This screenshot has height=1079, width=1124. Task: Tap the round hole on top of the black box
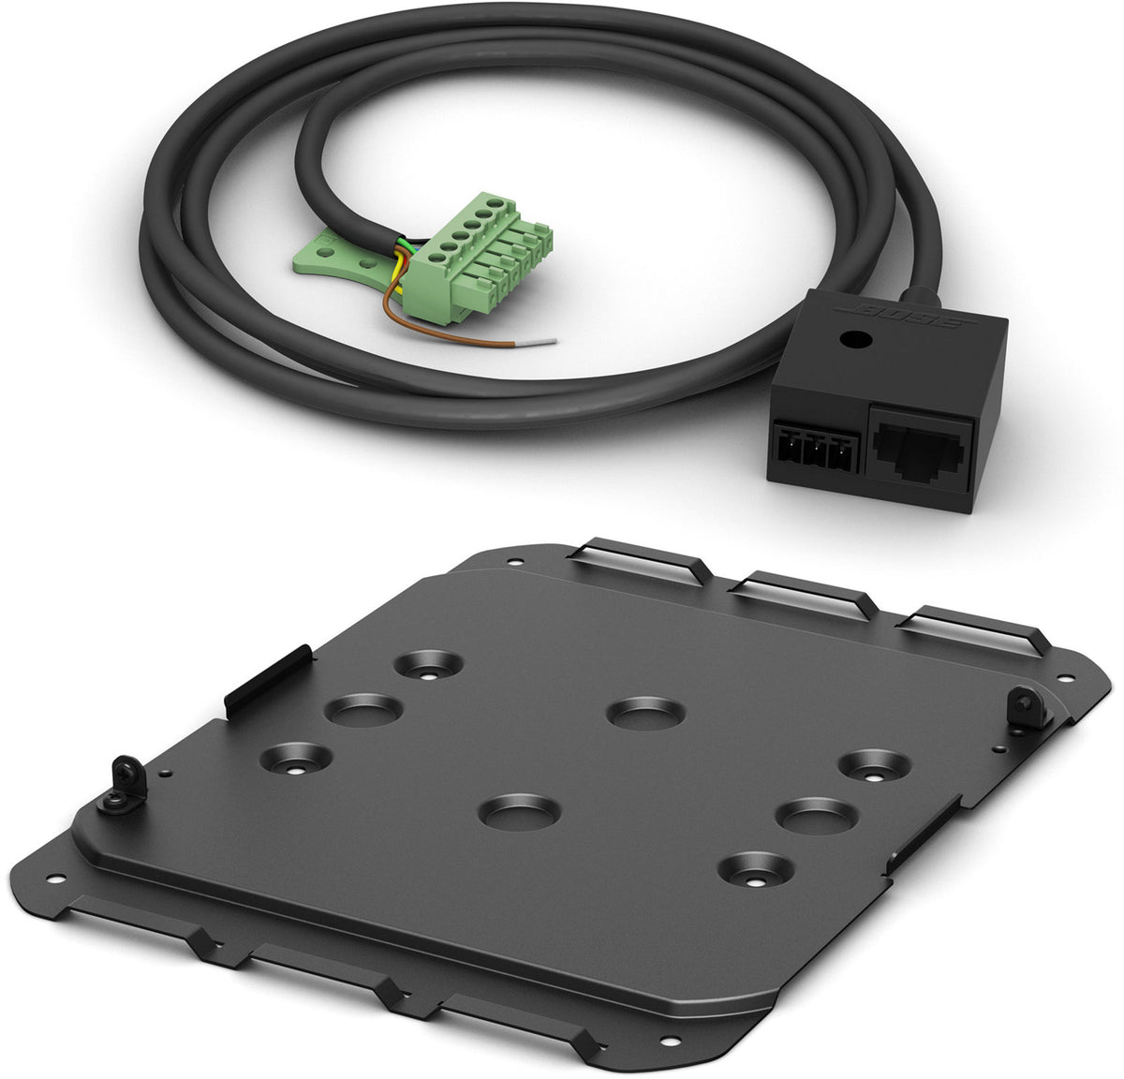point(854,339)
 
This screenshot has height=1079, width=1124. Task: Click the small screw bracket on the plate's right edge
point(1028,706)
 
